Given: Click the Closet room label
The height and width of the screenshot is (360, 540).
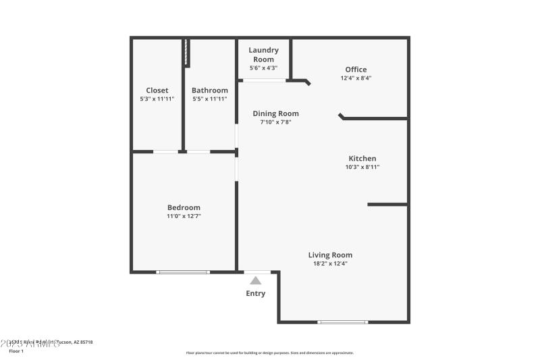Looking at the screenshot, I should coord(157,91).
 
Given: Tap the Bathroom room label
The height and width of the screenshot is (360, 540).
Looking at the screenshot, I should coord(210,91).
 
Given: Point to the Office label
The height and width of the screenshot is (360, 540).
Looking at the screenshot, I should coord(356,70).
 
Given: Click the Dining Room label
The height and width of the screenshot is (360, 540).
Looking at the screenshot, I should coord(275,113).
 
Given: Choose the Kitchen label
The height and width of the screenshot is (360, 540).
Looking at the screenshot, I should coord(362,159).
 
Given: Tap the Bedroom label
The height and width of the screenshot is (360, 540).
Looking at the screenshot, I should coord(184,207).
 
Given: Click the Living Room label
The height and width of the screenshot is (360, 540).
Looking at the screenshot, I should coord(330,255).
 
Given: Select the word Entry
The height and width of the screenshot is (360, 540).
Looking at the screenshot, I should coord(256,294).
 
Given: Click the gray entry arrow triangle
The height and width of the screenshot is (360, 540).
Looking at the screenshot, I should coord(256,280).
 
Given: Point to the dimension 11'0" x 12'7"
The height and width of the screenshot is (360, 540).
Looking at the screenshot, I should coord(184,216).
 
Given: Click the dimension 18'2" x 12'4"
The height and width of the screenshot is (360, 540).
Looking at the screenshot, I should coord(330,263).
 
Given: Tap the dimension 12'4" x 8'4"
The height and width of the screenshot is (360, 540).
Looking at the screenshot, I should coord(356,78).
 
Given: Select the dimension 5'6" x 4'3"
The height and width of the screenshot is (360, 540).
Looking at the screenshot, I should coord(263,68).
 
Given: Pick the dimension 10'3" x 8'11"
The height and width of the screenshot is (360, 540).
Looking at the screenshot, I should coord(362,168).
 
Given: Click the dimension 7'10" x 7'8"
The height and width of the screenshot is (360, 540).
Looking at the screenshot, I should coord(275,122).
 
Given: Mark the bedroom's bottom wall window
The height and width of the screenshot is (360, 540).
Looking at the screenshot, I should coord(183,272).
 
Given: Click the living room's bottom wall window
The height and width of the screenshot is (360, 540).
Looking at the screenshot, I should coord(343,322).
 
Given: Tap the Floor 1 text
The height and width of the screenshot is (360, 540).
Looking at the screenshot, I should coord(16,351).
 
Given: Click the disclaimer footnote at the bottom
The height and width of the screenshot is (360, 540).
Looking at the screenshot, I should coord(269,353).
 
